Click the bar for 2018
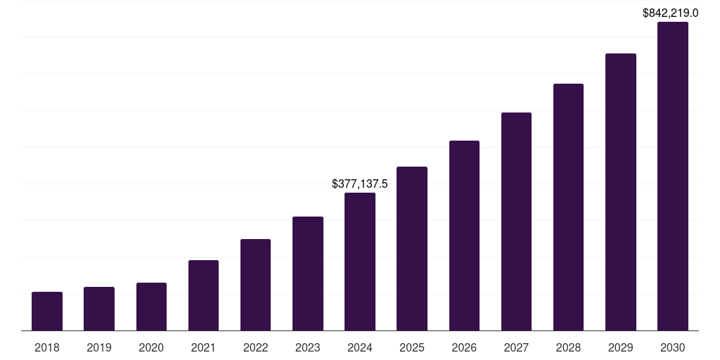click(47, 311)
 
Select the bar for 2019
click(99, 309)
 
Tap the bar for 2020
click(151, 307)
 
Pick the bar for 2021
click(203, 295)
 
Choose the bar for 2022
click(255, 285)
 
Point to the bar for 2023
click(308, 274)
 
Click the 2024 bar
click(360, 262)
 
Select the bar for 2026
click(464, 236)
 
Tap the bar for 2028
click(568, 207)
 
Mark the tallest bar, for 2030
click(672, 176)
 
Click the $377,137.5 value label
click(360, 184)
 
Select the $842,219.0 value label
click(670, 13)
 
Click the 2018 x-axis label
click(47, 347)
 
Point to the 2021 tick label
click(203, 347)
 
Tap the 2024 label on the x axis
click(360, 347)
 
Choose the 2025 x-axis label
click(412, 347)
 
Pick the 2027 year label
click(516, 347)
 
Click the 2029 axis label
click(620, 347)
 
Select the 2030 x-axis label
click(672, 347)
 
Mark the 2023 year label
click(308, 347)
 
